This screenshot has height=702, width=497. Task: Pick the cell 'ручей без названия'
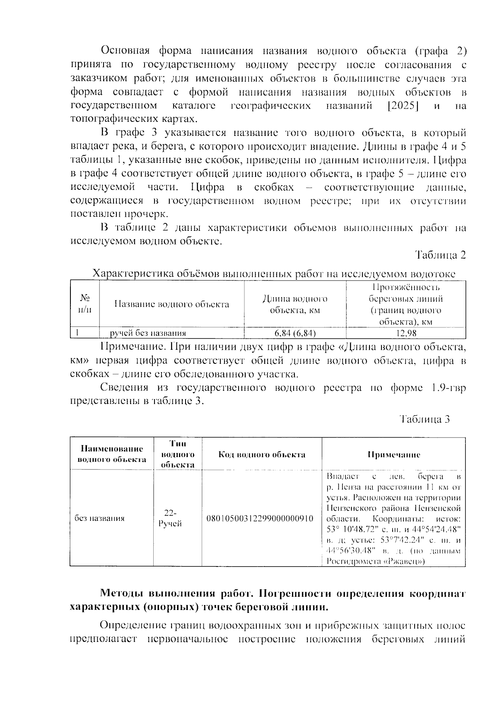pos(147,333)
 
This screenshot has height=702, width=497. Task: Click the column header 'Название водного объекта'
pos(171,305)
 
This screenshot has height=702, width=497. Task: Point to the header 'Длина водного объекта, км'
pos(295,305)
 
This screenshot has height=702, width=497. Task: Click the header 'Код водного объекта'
pos(262,455)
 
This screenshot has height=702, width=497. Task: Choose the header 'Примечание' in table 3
pos(394,455)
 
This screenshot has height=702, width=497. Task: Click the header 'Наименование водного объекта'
pos(112,454)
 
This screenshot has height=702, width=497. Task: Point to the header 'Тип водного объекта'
pos(178,454)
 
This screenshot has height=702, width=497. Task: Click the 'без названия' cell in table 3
pos(99,518)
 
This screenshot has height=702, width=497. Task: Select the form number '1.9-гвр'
pos(448,388)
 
